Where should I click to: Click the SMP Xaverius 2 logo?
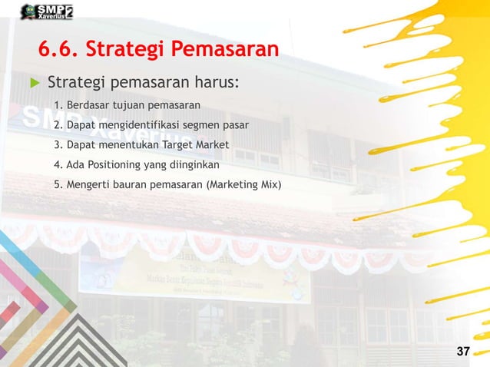point(46,12)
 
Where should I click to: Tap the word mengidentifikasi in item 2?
point(137,124)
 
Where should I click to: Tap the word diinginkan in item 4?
point(194,164)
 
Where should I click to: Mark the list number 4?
point(58,164)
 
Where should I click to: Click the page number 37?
point(462,352)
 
